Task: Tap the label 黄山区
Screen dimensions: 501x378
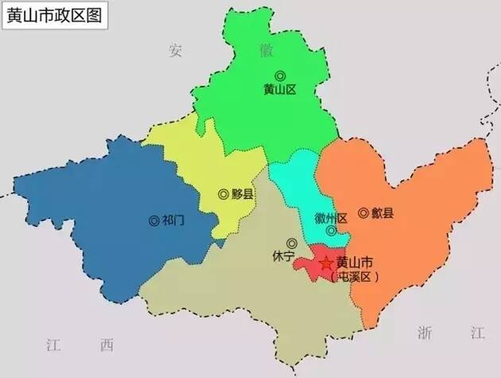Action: (279, 90)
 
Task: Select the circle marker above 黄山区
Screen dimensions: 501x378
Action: (279, 76)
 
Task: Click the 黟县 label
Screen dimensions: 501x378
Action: (243, 193)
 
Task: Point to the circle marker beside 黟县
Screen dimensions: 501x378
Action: (223, 193)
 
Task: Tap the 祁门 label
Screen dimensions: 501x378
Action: (173, 220)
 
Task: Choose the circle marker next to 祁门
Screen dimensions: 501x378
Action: (153, 220)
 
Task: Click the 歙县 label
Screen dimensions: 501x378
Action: (383, 212)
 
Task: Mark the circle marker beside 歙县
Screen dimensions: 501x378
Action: (363, 212)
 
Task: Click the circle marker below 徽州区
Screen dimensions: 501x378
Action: (331, 231)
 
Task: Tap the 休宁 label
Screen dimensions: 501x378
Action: (283, 256)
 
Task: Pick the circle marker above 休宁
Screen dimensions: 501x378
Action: (292, 243)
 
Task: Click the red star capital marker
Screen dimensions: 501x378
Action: (325, 263)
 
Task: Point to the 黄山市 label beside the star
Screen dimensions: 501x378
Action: (355, 262)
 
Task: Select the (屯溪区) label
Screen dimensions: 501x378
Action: (355, 277)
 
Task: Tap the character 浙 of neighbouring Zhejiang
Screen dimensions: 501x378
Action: (425, 333)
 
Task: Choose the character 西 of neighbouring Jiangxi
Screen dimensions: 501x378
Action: (107, 345)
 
